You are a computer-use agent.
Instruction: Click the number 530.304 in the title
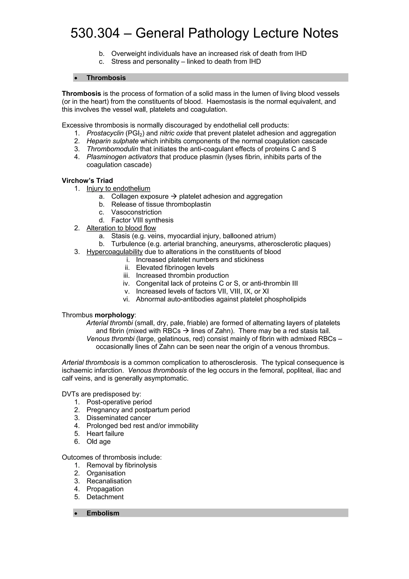click(x=95, y=33)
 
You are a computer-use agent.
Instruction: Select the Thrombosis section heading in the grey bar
click(x=106, y=78)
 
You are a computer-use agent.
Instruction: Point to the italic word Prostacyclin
click(x=105, y=133)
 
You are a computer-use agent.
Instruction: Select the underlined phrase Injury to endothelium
click(x=118, y=188)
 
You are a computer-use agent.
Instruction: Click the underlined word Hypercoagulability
click(x=114, y=252)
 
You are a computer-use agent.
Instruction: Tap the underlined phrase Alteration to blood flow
click(x=121, y=228)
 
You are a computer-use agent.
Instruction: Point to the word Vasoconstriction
click(x=136, y=212)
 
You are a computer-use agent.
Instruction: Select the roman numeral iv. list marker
click(x=126, y=283)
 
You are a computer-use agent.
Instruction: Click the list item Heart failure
click(x=105, y=434)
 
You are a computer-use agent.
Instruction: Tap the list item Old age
click(x=98, y=441)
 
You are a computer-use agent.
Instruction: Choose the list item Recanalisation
click(x=109, y=481)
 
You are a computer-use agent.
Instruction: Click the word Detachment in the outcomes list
click(x=105, y=497)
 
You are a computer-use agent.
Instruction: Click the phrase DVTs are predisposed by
click(x=101, y=394)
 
